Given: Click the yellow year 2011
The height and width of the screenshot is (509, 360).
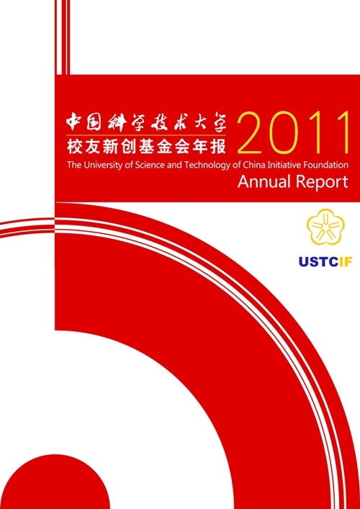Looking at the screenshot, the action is (294, 133).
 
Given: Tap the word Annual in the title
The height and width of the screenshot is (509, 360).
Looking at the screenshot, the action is (264, 181).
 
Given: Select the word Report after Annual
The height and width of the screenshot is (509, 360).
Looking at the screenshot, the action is (321, 183).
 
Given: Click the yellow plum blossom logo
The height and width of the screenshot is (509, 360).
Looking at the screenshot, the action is (325, 227).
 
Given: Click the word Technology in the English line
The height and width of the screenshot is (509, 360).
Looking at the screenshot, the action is (208, 166).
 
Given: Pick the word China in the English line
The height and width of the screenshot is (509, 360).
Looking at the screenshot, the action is (251, 166).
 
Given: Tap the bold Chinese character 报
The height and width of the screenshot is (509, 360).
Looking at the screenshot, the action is (219, 147).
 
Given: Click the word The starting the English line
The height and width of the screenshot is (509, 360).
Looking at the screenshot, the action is (75, 166).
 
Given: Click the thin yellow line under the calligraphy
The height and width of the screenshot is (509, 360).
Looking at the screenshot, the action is (146, 135).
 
